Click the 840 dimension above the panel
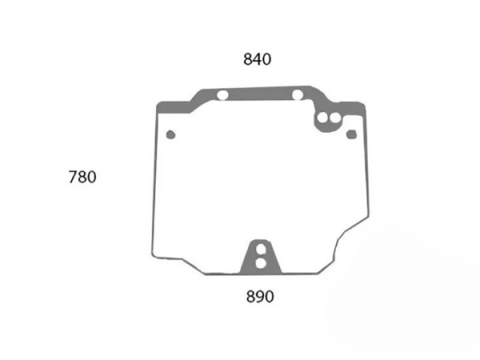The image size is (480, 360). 257,59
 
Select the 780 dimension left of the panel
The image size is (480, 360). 82,178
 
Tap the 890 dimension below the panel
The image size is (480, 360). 260,297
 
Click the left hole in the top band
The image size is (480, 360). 222,95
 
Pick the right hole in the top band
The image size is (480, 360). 298,95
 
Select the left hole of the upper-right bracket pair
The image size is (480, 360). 322,118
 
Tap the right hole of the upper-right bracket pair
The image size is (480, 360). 335,118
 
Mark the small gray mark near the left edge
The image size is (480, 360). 170,134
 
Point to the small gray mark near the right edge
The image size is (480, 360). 351,134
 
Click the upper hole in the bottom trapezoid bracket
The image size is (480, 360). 261,249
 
